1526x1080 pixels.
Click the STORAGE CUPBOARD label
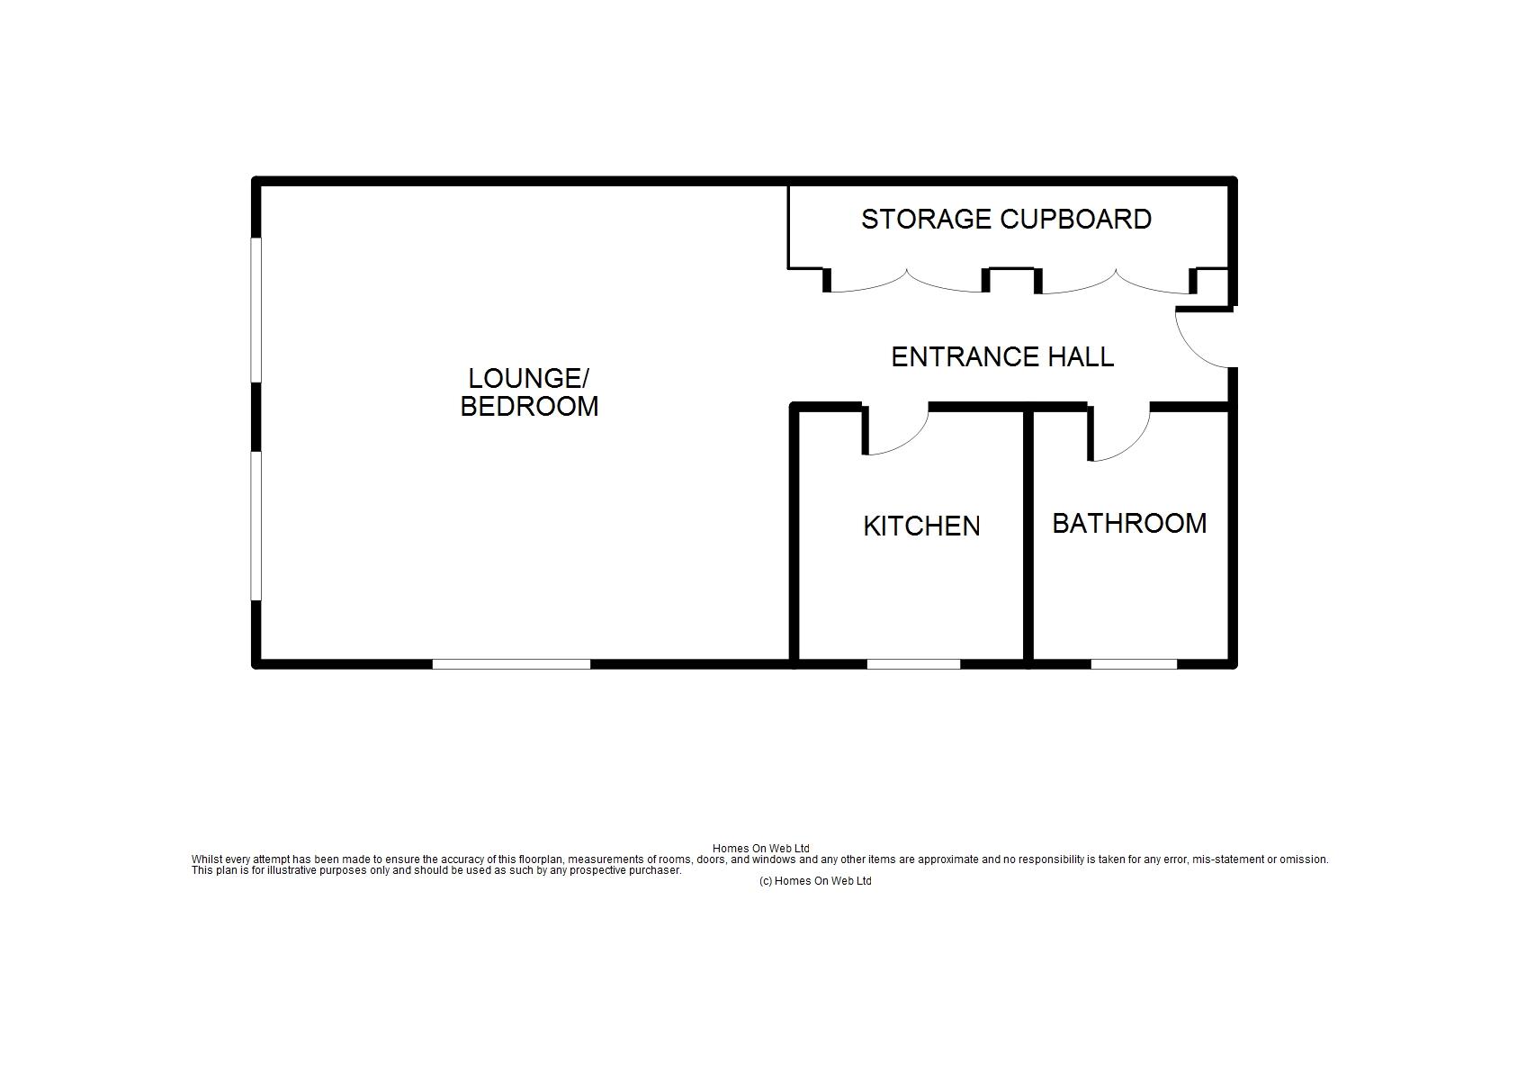click(x=1006, y=220)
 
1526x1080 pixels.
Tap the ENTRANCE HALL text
click(x=1002, y=357)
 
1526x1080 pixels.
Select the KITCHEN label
click(x=921, y=526)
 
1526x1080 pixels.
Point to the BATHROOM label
click(x=1129, y=523)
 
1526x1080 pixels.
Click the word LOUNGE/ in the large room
click(x=528, y=378)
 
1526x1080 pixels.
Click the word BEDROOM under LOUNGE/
click(x=529, y=406)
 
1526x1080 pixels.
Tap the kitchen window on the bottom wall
click(x=913, y=664)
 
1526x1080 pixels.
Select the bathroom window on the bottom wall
click(x=1134, y=664)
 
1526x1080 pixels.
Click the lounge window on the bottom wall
click(x=511, y=664)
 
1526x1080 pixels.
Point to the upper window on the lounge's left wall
click(x=256, y=310)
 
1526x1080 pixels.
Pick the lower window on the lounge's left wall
click(x=256, y=526)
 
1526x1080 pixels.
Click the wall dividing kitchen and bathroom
click(x=1028, y=535)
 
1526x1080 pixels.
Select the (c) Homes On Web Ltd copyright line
click(x=815, y=881)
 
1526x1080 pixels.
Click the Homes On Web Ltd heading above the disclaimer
click(x=761, y=849)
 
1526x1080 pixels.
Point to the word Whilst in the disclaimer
click(x=206, y=859)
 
